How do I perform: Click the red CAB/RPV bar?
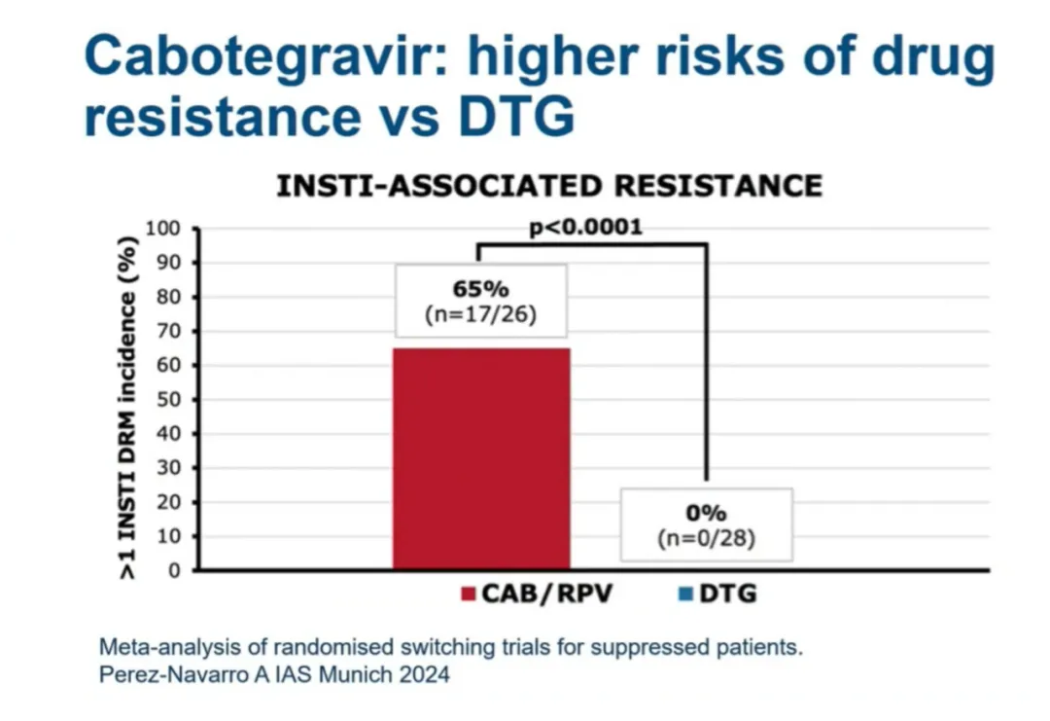(480, 457)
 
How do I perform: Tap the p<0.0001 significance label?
(585, 228)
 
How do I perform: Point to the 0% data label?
(706, 513)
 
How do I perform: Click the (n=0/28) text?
(706, 538)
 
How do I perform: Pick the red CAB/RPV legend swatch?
(469, 594)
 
